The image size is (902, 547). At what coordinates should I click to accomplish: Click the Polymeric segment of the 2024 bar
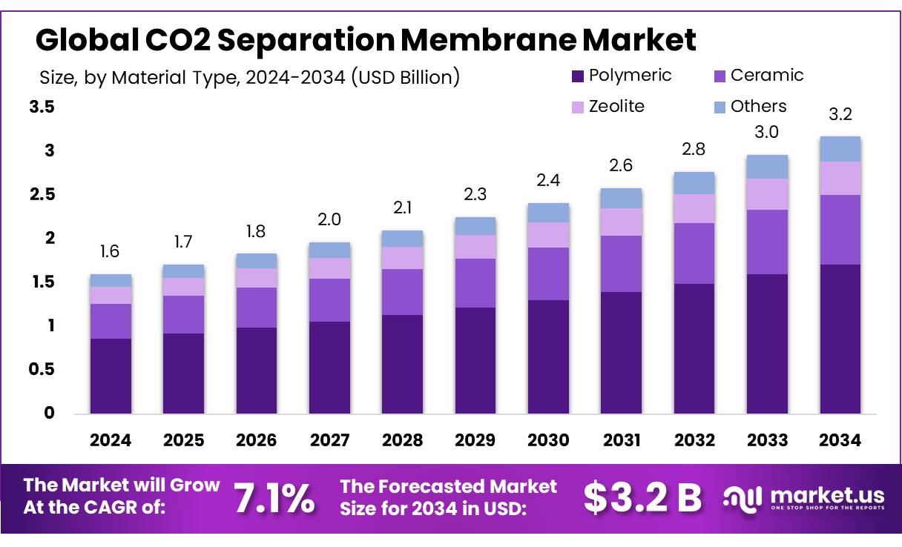coord(111,376)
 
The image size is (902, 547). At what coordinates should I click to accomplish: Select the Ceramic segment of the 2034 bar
coord(840,230)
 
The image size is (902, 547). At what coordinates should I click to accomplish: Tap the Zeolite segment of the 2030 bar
coord(548,235)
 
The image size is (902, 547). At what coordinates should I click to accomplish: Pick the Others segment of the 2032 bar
coord(694,183)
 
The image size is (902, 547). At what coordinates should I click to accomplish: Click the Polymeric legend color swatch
coord(579,76)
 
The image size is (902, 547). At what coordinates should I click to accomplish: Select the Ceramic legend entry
coord(766,76)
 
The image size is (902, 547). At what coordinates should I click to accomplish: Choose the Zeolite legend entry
coord(616,107)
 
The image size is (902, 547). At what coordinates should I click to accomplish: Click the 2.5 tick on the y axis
coord(42,195)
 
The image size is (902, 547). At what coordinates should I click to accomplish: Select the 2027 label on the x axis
coord(329,440)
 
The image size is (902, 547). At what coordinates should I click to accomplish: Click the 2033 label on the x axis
coord(767,440)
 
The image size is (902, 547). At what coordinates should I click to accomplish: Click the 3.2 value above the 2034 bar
coord(840,114)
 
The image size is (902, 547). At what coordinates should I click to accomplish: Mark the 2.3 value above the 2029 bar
coord(475,196)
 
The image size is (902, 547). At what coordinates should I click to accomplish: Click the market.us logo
coord(804,498)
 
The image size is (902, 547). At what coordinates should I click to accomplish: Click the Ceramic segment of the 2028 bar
coord(402,292)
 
